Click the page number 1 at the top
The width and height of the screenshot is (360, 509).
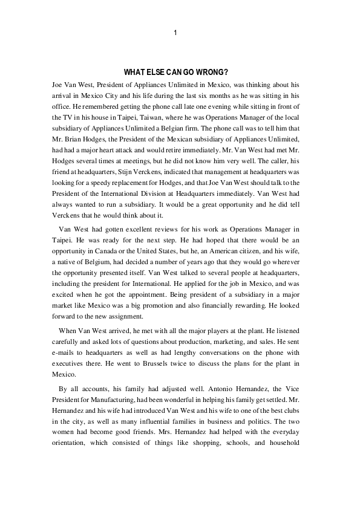tap(175, 33)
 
